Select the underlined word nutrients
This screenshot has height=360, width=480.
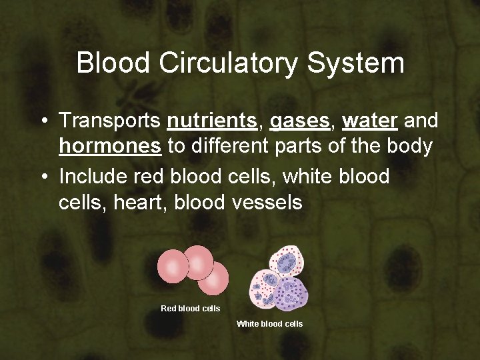click(212, 121)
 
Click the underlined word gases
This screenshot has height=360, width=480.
click(299, 121)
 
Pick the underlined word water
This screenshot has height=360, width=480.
click(370, 121)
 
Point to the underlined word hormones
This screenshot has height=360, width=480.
click(110, 146)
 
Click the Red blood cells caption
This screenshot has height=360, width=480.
click(191, 309)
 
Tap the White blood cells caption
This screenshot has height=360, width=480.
click(269, 324)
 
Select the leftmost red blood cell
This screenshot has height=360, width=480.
click(173, 267)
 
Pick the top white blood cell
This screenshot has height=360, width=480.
click(285, 263)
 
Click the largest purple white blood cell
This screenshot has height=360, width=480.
click(291, 294)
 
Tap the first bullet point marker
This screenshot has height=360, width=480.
click(43, 121)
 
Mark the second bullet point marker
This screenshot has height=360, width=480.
click(43, 177)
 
